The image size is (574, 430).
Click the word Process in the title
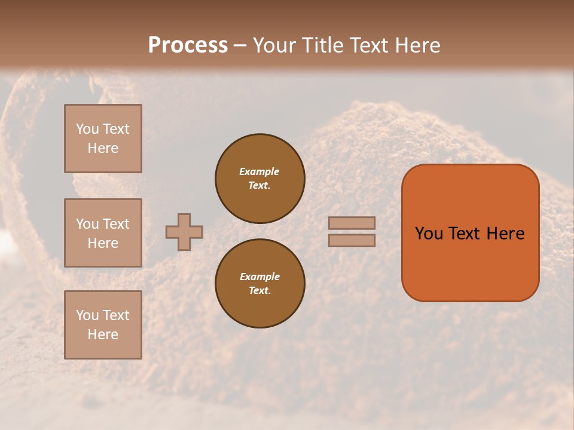188,45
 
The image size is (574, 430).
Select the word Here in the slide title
417,45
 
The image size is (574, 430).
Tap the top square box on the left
103,139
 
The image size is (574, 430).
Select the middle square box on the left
103,233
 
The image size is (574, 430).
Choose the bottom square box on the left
103,325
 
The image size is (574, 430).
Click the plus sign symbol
184,232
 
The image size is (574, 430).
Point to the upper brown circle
260,178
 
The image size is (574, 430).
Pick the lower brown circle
260,284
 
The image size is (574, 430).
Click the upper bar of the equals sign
352,223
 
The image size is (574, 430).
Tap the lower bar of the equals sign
352,240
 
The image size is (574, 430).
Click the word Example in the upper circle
259,171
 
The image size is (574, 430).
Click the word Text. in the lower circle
260,291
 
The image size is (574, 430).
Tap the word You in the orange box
429,234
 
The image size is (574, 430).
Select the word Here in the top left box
103,149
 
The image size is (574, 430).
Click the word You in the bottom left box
87,315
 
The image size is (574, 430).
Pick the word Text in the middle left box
116,224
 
